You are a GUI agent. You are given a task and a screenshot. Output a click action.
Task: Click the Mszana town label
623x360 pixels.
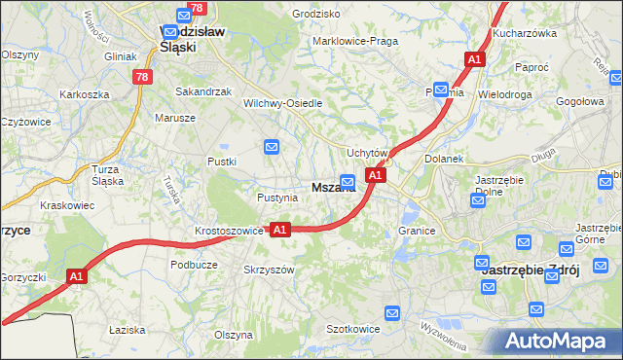point(332,187)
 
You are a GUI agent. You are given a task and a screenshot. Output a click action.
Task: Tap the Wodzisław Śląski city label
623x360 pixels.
point(192,38)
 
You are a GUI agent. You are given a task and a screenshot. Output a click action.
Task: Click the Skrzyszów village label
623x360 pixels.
point(269,270)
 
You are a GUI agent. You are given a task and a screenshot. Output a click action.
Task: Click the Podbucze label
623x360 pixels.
point(193,265)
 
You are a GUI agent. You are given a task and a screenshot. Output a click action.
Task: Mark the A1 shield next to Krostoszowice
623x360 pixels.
point(280,230)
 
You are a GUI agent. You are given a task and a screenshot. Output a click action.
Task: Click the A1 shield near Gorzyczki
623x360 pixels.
point(78,277)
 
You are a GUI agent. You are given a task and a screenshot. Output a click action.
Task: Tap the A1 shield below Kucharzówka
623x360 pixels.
point(474,60)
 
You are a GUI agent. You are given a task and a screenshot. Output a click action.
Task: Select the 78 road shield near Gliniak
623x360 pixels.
point(143,77)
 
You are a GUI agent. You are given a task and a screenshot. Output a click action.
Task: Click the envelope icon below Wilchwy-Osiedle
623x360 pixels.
point(272,147)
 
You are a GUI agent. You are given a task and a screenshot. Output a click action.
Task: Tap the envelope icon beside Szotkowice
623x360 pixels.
point(391,312)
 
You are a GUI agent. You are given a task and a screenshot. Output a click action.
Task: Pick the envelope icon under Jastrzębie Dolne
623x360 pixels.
point(477,200)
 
